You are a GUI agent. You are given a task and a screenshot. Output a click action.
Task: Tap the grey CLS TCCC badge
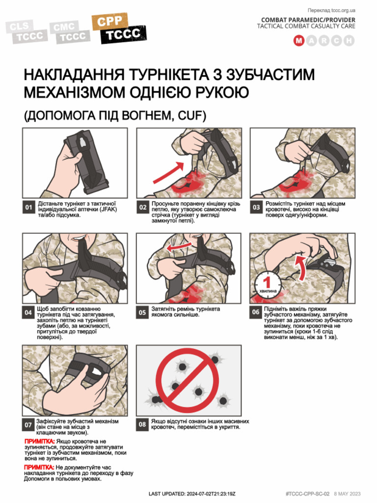click(x=28, y=31)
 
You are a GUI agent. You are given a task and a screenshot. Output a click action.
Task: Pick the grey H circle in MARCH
click(x=349, y=41)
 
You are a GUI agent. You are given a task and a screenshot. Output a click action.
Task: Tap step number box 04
click(x=29, y=312)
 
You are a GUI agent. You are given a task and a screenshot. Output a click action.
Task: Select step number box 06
click(x=256, y=312)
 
